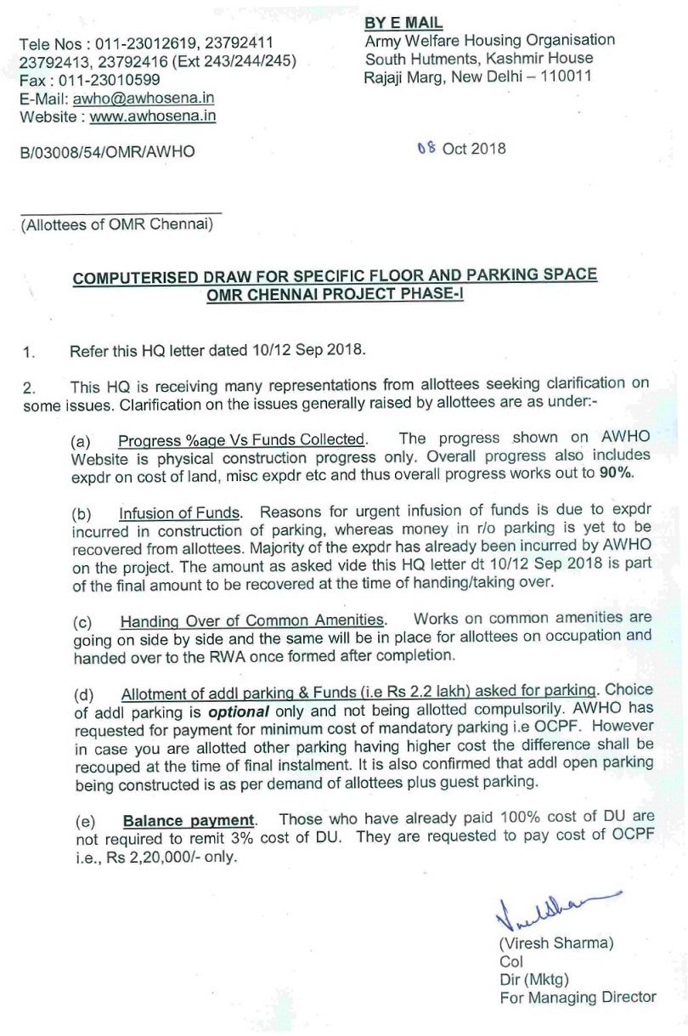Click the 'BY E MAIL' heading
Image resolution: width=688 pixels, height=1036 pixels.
point(403,23)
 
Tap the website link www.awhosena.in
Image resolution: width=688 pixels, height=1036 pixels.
point(152,116)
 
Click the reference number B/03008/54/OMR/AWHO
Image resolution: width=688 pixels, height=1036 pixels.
point(107,151)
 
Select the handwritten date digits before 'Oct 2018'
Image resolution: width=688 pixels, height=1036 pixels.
point(426,149)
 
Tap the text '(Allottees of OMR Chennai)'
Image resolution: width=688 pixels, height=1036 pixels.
point(116,225)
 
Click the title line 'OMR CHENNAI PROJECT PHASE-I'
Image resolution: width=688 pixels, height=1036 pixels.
point(335,294)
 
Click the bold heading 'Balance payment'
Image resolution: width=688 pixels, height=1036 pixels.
point(189,820)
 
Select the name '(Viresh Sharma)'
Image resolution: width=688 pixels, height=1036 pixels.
point(556,943)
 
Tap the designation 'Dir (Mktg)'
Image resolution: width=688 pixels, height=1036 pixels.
point(534,979)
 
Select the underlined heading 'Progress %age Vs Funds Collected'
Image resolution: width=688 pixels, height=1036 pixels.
point(242,439)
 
